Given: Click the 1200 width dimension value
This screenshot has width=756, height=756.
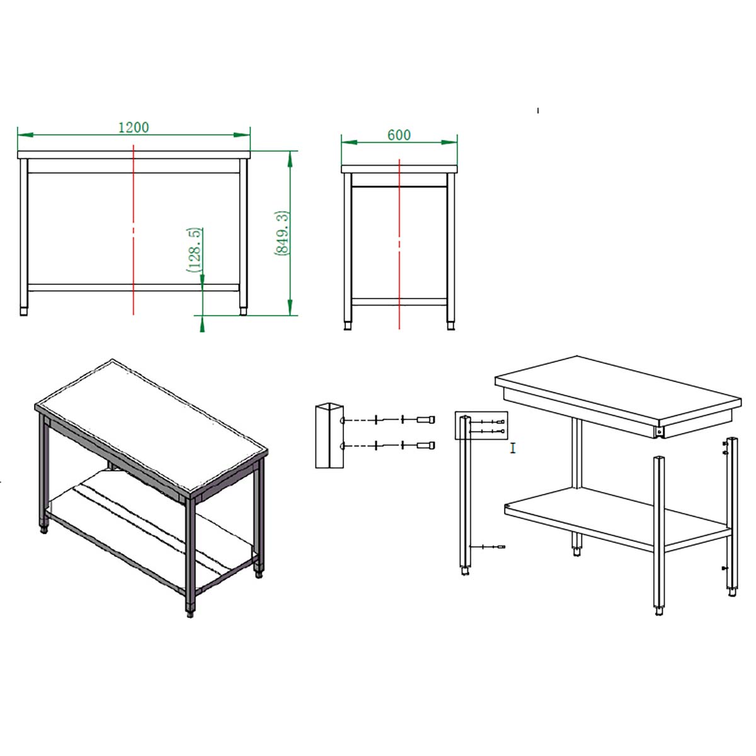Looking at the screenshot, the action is point(134,127).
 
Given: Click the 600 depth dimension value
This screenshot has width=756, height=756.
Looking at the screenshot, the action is point(399,135).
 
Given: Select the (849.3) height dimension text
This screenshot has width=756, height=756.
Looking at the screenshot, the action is point(282,234).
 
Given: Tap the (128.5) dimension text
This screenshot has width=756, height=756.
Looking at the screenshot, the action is point(195,250).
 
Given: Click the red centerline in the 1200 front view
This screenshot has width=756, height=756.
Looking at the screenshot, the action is point(134,229).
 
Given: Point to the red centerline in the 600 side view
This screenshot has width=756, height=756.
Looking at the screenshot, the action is point(399,244).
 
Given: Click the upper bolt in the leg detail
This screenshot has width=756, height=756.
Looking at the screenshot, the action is point(426,420).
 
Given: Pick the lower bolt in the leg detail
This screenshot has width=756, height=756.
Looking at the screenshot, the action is point(426,445).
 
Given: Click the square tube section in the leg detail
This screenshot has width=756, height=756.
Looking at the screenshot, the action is point(329,435).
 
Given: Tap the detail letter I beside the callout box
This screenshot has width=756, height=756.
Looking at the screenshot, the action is point(512,448).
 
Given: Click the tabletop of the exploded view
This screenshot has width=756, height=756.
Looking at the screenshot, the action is point(618,392).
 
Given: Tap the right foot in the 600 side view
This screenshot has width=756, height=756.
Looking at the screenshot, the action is point(451,326).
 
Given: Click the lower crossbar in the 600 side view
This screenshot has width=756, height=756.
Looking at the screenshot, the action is point(399,302).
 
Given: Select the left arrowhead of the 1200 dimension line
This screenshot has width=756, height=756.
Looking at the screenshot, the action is point(25,135).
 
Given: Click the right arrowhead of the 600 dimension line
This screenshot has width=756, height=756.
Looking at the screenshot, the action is point(450,142).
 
